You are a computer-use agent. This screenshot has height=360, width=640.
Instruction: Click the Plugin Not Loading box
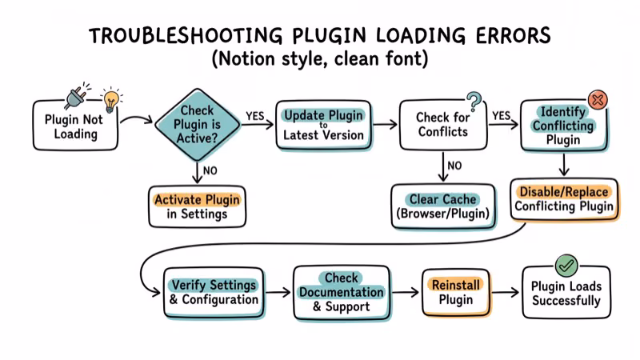(x=75, y=126)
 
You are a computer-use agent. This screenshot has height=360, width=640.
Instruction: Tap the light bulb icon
(x=111, y=100)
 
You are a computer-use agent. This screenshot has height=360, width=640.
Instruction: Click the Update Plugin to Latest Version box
(x=324, y=125)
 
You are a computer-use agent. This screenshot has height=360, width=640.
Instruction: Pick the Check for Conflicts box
(x=442, y=125)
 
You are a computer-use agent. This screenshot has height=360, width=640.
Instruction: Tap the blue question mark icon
(x=474, y=102)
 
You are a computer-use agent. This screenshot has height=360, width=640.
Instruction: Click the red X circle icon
(x=597, y=100)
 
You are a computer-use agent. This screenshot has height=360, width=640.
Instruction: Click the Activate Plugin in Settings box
(x=197, y=206)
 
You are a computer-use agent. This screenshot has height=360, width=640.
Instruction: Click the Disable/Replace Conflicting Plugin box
(x=564, y=199)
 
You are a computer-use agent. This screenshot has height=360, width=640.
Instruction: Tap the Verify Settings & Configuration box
(x=214, y=292)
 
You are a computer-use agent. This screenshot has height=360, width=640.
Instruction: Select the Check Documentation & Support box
(x=342, y=292)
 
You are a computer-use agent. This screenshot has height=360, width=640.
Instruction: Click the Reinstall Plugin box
(x=456, y=292)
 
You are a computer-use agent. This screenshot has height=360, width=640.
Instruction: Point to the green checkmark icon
(x=566, y=264)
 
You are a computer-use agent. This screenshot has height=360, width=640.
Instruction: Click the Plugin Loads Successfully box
(x=566, y=293)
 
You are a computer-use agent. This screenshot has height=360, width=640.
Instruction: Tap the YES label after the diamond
(x=255, y=115)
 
